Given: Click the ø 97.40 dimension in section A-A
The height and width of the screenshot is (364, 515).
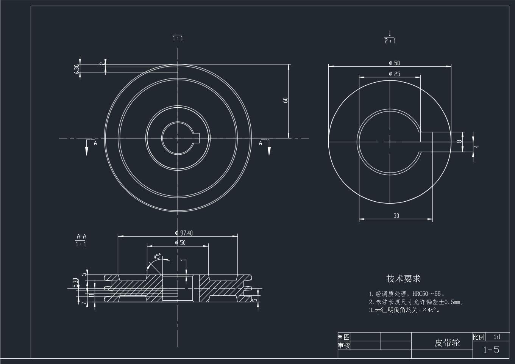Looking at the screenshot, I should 184,233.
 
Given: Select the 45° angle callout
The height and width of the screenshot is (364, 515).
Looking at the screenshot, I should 157,257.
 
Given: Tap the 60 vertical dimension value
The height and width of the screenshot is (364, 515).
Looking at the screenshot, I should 286,100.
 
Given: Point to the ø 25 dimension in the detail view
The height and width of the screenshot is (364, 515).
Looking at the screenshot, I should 394,74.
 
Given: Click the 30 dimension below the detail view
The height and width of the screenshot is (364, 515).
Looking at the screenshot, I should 396,216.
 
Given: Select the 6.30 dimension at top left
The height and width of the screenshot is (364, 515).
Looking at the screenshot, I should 76,69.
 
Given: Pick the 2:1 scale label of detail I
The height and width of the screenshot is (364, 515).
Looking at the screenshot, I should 390,41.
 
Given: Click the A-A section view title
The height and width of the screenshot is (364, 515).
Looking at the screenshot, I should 81,236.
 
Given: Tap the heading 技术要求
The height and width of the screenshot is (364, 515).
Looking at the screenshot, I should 403,279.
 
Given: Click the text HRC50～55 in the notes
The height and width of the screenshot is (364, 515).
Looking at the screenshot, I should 426,294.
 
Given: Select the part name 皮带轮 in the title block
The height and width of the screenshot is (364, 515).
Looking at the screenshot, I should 447,343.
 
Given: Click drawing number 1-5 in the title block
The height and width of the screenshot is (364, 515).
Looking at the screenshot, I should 491,350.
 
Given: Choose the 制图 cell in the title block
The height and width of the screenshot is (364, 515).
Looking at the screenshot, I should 344,337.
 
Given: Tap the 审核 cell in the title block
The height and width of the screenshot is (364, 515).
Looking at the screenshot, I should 344,345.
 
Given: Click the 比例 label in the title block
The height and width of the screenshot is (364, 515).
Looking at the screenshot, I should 479,337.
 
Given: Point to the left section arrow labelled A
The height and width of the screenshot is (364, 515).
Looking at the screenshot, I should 87,148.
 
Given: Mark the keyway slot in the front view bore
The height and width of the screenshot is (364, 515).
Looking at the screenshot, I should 196,138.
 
